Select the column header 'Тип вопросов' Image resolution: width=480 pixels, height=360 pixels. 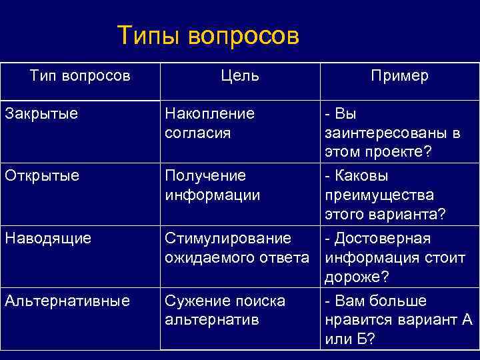point(80,75)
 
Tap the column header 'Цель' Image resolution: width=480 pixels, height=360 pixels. point(241,76)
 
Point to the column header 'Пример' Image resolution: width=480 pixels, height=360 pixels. point(399,76)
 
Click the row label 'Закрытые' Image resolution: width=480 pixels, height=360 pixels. point(41,113)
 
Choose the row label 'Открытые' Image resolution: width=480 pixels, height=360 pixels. point(41,175)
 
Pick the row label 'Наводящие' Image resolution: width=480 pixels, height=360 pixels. point(47,238)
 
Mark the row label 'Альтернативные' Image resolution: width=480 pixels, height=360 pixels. point(67,301)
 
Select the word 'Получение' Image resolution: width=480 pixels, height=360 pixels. point(205,175)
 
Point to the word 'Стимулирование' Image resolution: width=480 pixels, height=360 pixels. point(227,238)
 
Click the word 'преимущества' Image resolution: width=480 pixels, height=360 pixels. point(379,195)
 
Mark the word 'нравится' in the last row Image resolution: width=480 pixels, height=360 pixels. point(355,320)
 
